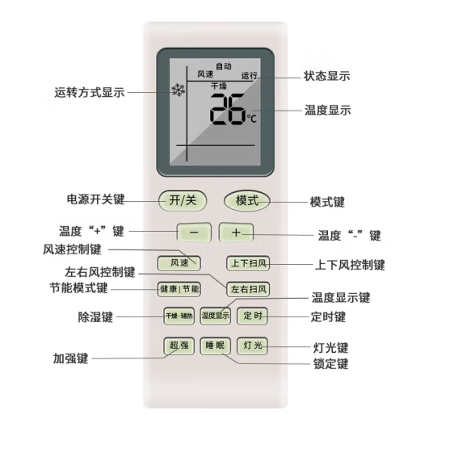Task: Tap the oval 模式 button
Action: pyautogui.click(x=247, y=201)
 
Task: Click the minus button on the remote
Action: pyautogui.click(x=194, y=232)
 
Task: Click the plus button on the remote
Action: pyautogui.click(x=236, y=232)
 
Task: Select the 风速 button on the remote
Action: pyautogui.click(x=179, y=263)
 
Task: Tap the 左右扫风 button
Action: pyautogui.click(x=248, y=289)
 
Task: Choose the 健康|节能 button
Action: pyautogui.click(x=179, y=289)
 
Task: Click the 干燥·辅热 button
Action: pyautogui.click(x=179, y=316)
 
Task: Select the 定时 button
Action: pyautogui.click(x=252, y=316)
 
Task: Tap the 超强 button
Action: pyautogui.click(x=179, y=346)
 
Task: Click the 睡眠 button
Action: pyautogui.click(x=216, y=346)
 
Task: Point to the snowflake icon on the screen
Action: pyautogui.click(x=179, y=90)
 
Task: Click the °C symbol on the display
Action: pyautogui.click(x=252, y=119)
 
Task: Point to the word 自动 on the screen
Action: pyautogui.click(x=224, y=66)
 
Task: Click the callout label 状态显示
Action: pyautogui.click(x=326, y=76)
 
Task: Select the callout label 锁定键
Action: pyautogui.click(x=330, y=364)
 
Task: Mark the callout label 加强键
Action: pyautogui.click(x=70, y=358)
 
